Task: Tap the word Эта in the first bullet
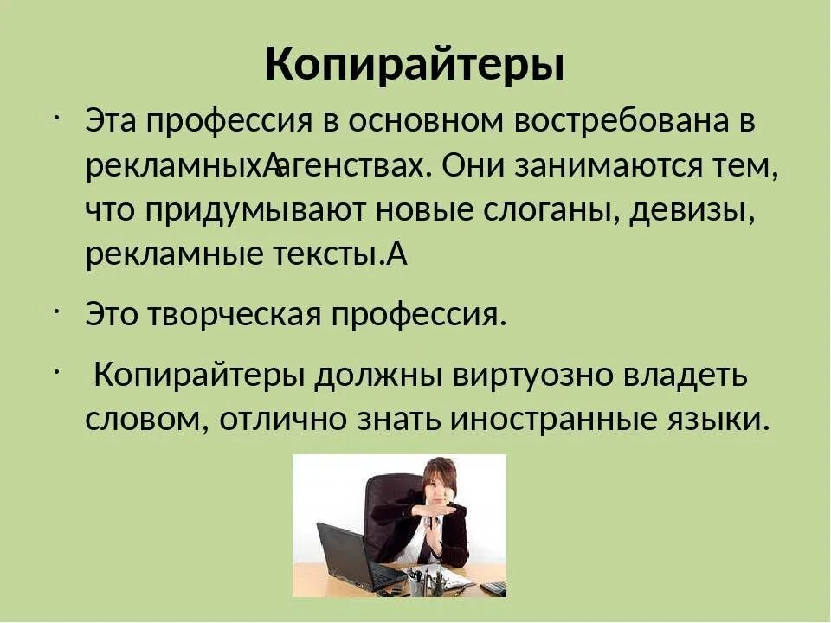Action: click(x=111, y=121)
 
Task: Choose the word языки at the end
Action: click(x=717, y=421)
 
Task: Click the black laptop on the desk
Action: click(x=351, y=558)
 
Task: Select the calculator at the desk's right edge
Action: click(x=493, y=588)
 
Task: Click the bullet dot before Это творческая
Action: click(x=55, y=309)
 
